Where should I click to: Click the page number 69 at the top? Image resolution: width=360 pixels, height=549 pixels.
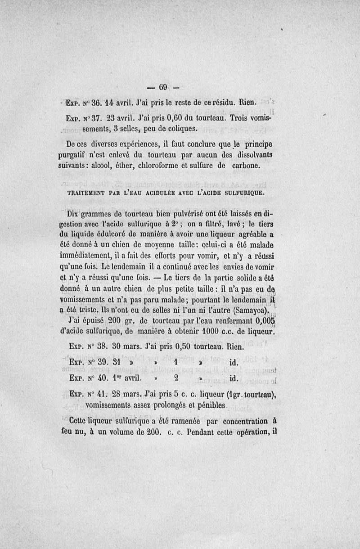click(163, 87)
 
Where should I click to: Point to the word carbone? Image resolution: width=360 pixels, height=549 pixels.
click(244, 165)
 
